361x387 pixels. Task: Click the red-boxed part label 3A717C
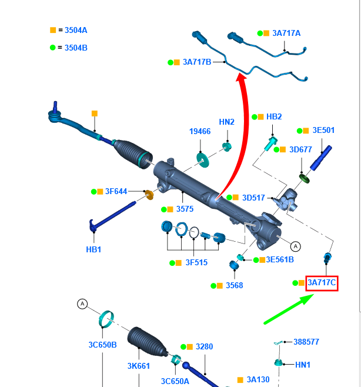coord(322,283)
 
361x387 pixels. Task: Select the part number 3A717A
coord(286,33)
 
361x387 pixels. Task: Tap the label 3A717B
coord(196,62)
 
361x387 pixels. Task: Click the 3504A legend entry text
coord(76,30)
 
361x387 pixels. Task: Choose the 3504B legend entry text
coord(76,48)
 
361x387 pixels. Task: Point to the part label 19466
coord(199,132)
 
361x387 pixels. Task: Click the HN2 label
coord(226,122)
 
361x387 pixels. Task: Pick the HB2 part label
coord(274,116)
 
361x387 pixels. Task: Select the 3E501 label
coord(323,130)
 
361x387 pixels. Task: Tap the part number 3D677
coord(300,149)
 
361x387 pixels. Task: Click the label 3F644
coord(116,191)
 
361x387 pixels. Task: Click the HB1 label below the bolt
coord(93,249)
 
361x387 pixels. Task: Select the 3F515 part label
coord(196,263)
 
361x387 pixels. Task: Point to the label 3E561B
coord(280,259)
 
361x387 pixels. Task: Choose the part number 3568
coord(233,285)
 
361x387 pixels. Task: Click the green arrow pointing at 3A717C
coord(288,310)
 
